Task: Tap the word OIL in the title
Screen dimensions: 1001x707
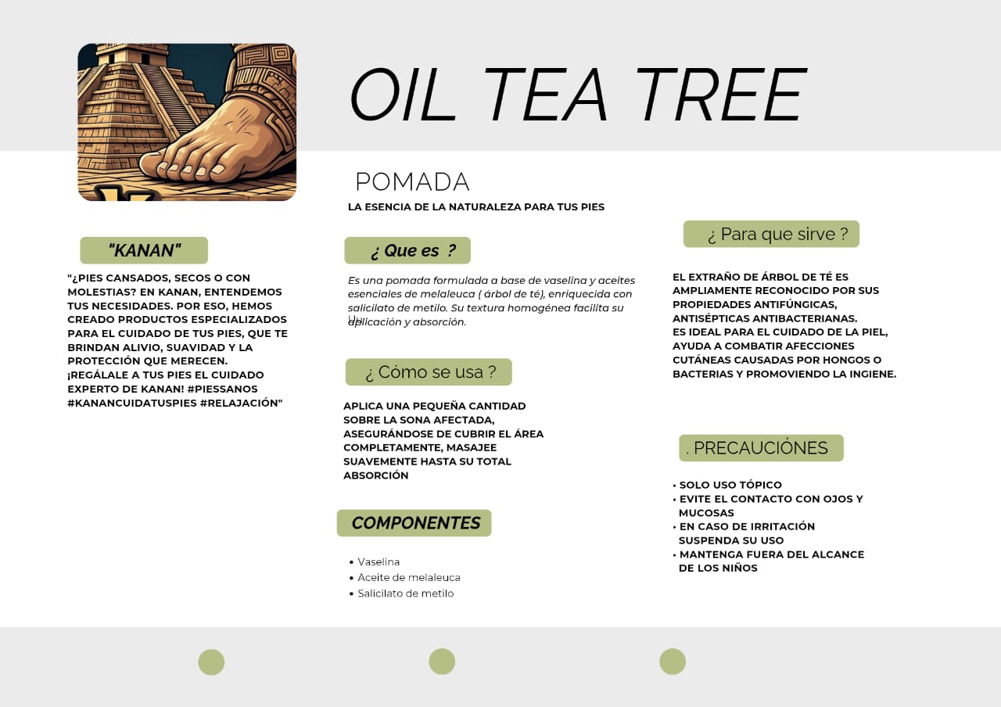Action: click(402, 95)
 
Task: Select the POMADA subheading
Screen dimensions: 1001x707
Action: click(412, 182)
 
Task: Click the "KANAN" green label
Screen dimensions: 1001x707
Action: click(144, 250)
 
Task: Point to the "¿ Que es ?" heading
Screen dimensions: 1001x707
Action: click(407, 250)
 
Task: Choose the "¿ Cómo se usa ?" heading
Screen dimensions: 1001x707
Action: click(429, 371)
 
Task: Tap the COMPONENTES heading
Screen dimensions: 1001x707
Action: click(414, 523)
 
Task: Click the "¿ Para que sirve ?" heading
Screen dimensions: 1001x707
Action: click(771, 234)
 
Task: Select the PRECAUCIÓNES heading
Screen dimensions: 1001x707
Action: click(761, 448)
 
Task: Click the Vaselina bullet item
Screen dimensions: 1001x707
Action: click(379, 562)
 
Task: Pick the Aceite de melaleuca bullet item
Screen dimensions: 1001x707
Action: click(409, 577)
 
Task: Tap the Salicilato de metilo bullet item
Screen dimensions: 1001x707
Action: click(406, 594)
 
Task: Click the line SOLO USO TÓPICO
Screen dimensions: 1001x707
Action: click(730, 485)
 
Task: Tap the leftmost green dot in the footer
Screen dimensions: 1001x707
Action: click(211, 662)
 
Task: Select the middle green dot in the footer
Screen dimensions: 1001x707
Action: click(442, 662)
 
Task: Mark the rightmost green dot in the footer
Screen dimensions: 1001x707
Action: click(673, 662)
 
